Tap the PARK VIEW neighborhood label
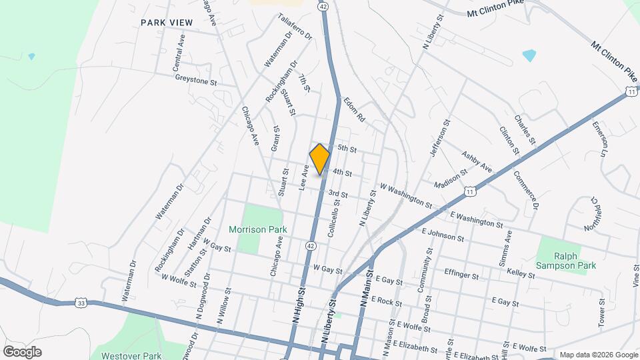point(167,23)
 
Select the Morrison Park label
point(257,229)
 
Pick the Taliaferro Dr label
point(295,27)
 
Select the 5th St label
point(348,148)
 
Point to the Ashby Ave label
point(476,161)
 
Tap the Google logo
point(22,352)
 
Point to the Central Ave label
point(178,53)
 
